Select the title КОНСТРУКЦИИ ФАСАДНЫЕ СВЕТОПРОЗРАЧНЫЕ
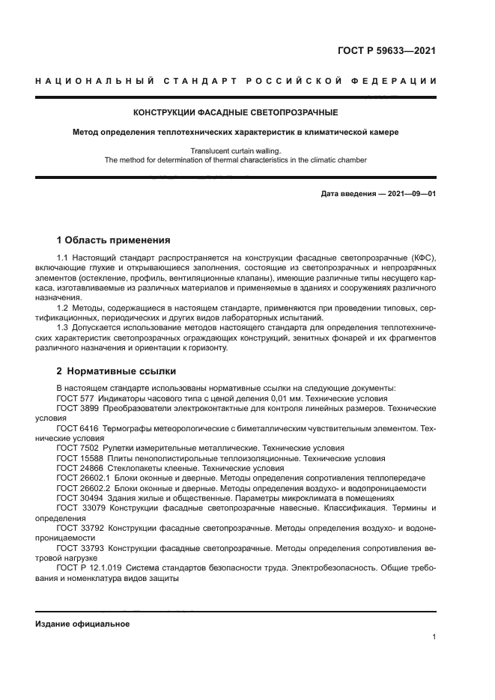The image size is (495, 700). click(x=235, y=113)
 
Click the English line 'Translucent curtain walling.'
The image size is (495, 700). click(x=235, y=150)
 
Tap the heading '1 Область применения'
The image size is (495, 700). click(x=113, y=240)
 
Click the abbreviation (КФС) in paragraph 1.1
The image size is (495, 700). click(x=421, y=258)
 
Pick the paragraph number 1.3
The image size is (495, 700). click(x=63, y=327)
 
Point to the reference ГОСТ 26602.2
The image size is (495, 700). click(x=83, y=487)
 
